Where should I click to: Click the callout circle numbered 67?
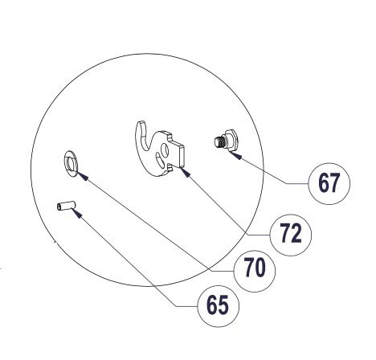tap(329, 184)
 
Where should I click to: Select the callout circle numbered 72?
tap(291, 235)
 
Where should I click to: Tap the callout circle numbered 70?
tap(255, 271)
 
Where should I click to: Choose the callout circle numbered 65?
tap(218, 306)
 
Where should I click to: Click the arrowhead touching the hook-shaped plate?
tap(186, 172)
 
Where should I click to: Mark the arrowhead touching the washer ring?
tap(83, 175)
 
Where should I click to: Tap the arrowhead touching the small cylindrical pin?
tap(76, 213)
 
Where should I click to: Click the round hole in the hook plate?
tap(165, 149)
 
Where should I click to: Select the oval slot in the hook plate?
tap(159, 159)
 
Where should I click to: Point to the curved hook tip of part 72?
tap(141, 124)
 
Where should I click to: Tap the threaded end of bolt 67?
tap(219, 142)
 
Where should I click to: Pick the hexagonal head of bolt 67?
tap(231, 140)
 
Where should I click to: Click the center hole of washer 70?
tap(71, 164)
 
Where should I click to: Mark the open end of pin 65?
tap(59, 207)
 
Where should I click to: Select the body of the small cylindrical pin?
tap(66, 206)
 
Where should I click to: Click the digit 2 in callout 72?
tap(296, 234)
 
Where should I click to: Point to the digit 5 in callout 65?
tap(223, 305)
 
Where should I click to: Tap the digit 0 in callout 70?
tap(260, 268)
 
